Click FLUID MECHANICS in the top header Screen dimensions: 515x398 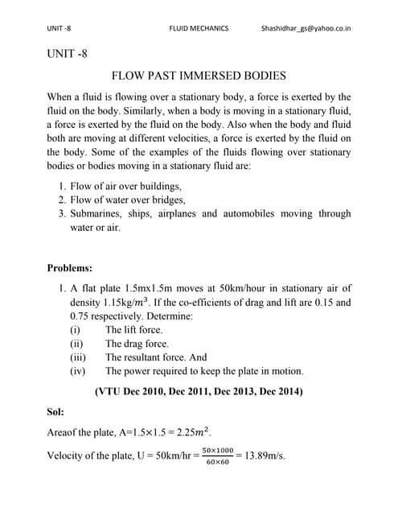click(199, 28)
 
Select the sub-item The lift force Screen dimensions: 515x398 click(133, 330)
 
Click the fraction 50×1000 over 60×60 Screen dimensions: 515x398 click(217, 455)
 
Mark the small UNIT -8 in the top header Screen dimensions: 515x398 click(59, 28)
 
